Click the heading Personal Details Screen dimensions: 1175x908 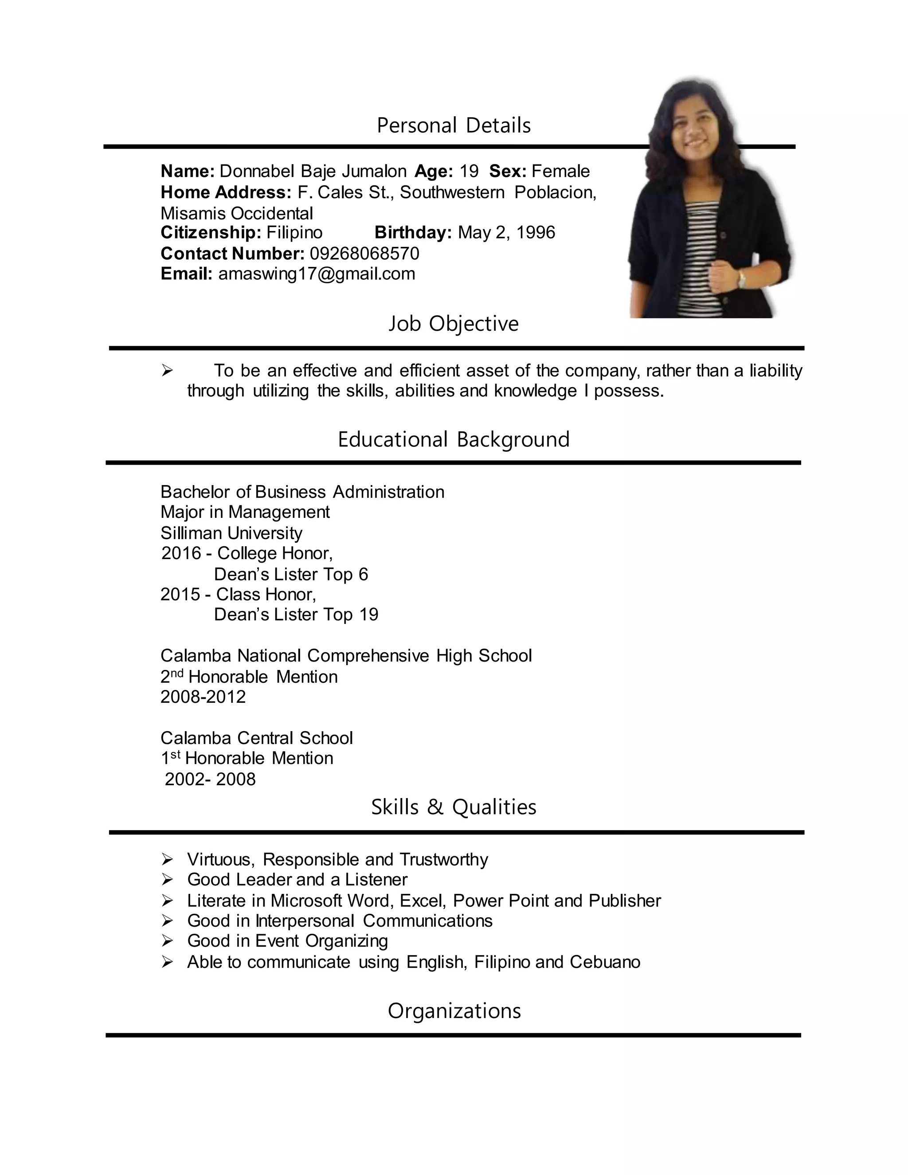pyautogui.click(x=454, y=125)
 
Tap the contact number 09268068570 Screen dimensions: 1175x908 pyautogui.click(x=364, y=253)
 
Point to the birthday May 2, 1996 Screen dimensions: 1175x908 pyautogui.click(x=506, y=232)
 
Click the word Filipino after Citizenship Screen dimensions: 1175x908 pyautogui.click(x=294, y=232)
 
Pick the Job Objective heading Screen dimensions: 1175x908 pyautogui.click(x=454, y=323)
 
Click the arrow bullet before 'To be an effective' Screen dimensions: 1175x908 pyautogui.click(x=167, y=371)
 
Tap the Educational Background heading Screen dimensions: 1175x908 pyautogui.click(x=454, y=439)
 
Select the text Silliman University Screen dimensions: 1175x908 pyautogui.click(x=231, y=533)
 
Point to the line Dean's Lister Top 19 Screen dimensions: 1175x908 pyautogui.click(x=296, y=615)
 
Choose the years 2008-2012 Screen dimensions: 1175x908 pyautogui.click(x=203, y=697)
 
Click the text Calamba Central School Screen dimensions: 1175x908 pyautogui.click(x=257, y=738)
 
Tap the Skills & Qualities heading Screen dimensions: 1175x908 pyautogui.click(x=454, y=807)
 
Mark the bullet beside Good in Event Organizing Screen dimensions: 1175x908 pyautogui.click(x=167, y=941)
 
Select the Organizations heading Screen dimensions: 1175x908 pyautogui.click(x=454, y=1011)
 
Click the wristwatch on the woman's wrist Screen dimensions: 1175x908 pyautogui.click(x=742, y=279)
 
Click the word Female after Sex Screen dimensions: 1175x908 pyautogui.click(x=560, y=171)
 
